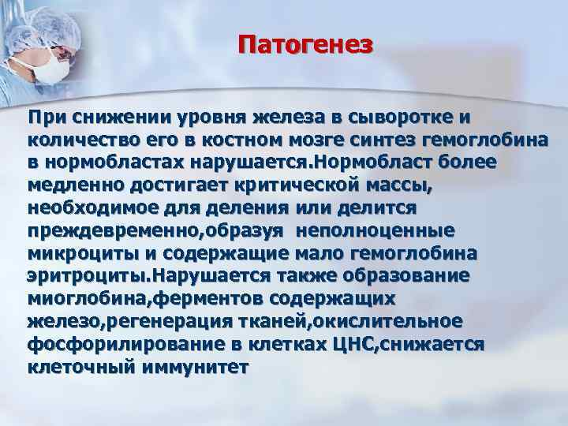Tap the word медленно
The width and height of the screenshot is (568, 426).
(77, 187)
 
